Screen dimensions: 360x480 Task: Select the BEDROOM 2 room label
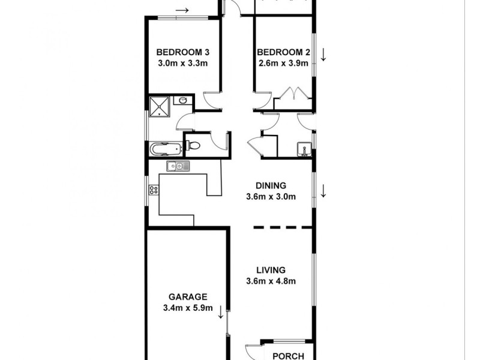284,52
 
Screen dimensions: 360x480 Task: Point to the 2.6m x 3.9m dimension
284,63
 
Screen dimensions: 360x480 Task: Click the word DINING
270,185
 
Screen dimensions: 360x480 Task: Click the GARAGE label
187,296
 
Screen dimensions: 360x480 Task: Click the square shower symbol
159,106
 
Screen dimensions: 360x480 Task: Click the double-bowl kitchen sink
178,166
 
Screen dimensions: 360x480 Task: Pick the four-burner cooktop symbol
154,190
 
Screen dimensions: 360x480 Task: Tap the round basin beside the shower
182,101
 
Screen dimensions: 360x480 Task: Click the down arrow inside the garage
221,311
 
